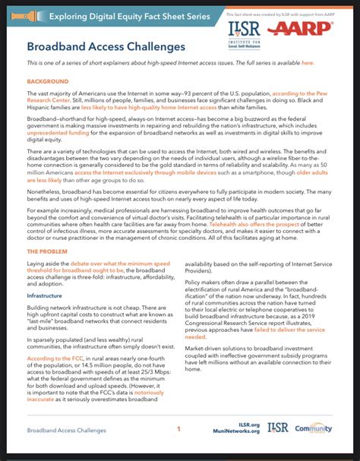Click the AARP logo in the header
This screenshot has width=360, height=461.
(x=308, y=29)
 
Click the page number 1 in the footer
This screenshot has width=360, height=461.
(x=179, y=430)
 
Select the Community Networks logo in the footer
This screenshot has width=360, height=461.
(x=313, y=430)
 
